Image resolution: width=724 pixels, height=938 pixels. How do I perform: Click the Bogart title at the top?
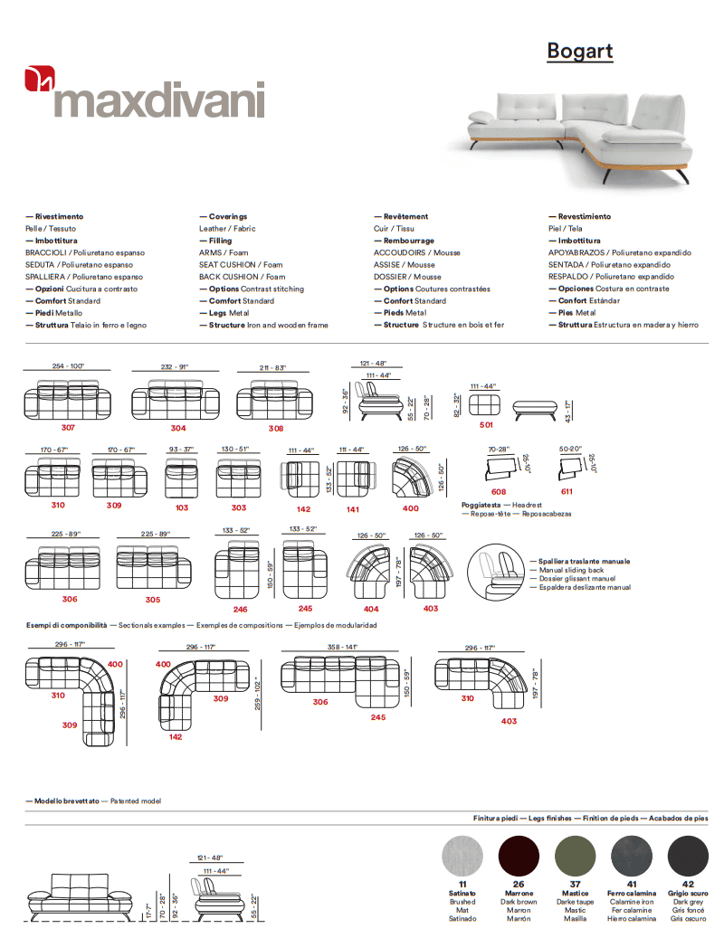point(579,51)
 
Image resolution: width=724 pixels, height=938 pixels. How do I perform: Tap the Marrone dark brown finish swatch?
point(519,855)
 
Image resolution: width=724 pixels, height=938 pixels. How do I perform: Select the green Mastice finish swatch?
point(575,855)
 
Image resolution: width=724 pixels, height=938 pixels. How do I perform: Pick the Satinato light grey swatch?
point(462,855)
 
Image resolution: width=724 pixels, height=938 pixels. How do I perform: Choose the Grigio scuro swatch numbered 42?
point(688,855)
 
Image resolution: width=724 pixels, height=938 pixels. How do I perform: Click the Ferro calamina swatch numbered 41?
point(632,855)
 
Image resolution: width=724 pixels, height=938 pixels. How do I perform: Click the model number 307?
point(68,427)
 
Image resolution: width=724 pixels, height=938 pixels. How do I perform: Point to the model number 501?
point(486,424)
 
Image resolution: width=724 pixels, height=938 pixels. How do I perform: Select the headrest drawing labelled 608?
point(499,468)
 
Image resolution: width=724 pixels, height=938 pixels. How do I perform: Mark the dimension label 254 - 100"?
point(68,366)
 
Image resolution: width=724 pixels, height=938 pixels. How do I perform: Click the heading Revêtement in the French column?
point(405,217)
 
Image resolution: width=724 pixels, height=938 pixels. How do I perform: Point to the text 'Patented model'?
point(136,801)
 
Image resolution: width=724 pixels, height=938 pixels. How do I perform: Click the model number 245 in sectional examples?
point(377,717)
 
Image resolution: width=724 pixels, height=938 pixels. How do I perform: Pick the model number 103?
point(182,507)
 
